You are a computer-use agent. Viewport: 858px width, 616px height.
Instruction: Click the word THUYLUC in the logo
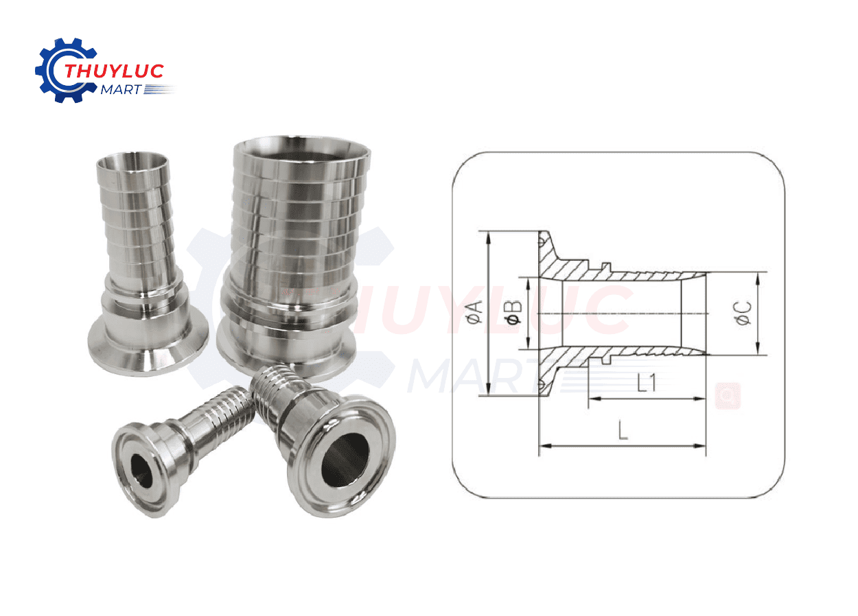(113, 71)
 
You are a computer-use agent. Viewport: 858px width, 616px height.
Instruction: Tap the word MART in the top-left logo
(120, 89)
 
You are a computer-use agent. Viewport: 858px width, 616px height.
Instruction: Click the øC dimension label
(744, 313)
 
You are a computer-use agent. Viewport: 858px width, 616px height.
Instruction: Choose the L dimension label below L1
(623, 430)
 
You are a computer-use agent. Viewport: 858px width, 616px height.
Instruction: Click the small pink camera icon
(727, 395)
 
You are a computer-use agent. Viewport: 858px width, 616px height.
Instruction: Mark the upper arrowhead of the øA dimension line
(488, 235)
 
